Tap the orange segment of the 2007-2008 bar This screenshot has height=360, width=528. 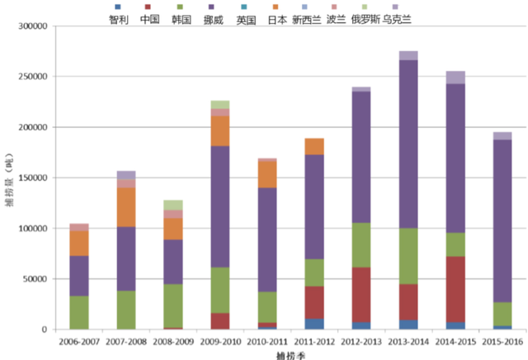point(126,207)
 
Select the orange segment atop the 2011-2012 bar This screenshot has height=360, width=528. point(314,146)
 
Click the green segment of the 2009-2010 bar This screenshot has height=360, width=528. point(220,290)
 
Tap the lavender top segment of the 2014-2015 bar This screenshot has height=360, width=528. point(455,78)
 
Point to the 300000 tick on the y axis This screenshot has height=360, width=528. point(32,26)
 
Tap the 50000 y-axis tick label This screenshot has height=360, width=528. point(35,278)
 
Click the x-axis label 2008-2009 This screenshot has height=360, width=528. point(173,339)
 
